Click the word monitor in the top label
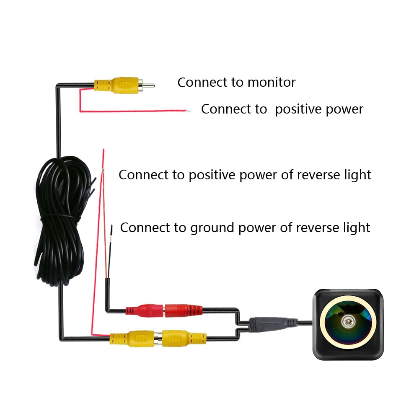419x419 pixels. click(272, 82)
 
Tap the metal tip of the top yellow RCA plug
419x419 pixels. click(149, 85)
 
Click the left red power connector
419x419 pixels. click(144, 310)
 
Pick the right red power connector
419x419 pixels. click(184, 310)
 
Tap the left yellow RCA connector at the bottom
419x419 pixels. click(132, 339)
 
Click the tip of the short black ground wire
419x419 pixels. click(112, 226)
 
